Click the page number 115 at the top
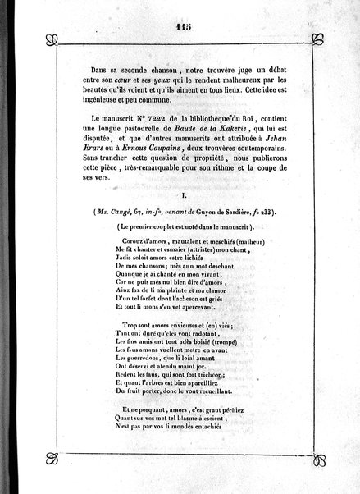tap(182, 25)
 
